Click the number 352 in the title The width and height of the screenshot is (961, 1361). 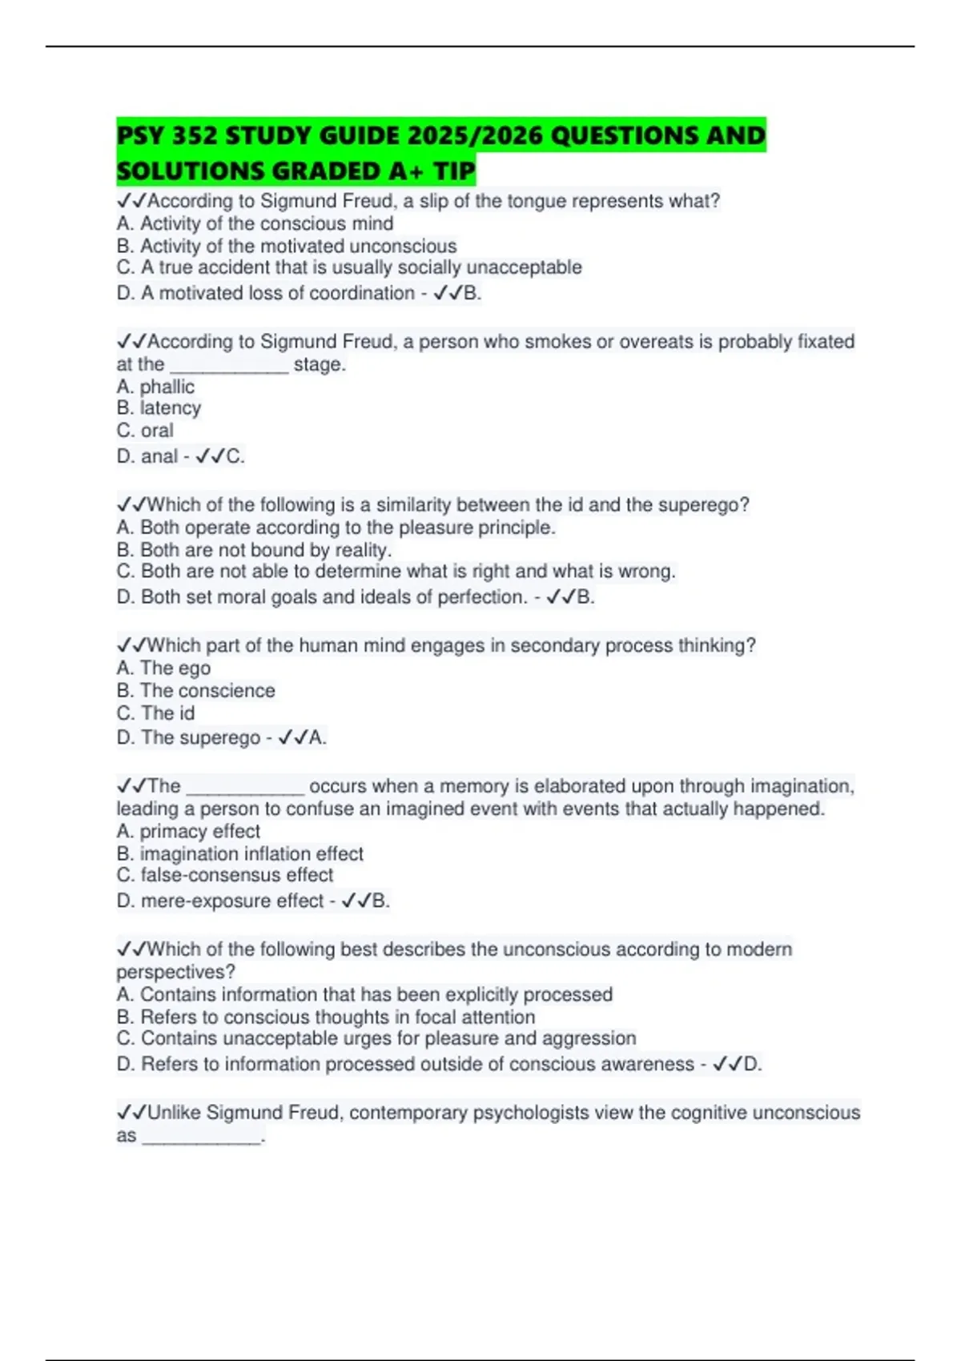click(195, 135)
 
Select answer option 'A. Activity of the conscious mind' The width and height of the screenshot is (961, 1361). click(255, 223)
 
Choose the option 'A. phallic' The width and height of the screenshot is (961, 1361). click(155, 387)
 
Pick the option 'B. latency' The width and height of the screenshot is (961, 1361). click(159, 408)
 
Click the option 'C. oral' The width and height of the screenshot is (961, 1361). click(145, 431)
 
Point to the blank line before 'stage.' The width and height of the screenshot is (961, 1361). click(229, 367)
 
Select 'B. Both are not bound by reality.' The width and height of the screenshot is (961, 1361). click(254, 550)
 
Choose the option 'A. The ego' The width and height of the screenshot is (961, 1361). click(163, 668)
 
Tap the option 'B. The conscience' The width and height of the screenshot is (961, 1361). click(195, 691)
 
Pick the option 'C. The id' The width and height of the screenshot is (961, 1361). click(155, 713)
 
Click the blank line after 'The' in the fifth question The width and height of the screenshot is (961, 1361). click(245, 789)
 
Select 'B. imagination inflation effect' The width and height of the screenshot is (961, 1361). click(239, 854)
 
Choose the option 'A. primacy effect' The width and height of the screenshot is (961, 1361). click(188, 832)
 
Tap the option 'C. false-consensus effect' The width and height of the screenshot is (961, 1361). click(224, 875)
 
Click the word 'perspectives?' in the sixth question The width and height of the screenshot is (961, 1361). click(175, 972)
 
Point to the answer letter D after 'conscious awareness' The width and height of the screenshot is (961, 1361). click(751, 1065)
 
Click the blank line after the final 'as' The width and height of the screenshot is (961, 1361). click(202, 1138)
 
